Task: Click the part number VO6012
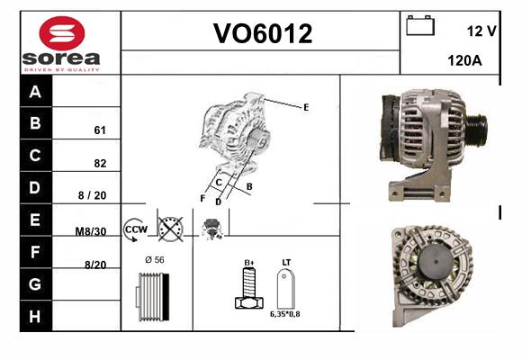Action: (263, 33)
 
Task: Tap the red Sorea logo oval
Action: (62, 33)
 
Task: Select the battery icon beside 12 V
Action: (420, 25)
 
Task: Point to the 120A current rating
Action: (464, 60)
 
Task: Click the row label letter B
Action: (35, 123)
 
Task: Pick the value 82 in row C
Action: (100, 163)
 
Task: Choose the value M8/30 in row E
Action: (91, 231)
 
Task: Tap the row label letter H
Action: (35, 317)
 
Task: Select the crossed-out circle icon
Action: (170, 229)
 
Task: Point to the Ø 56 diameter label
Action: (155, 260)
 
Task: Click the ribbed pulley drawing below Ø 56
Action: (152, 297)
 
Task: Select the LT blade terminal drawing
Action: (286, 289)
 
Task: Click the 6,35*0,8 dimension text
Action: (285, 314)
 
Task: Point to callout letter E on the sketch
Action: (306, 107)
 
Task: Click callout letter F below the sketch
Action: (202, 199)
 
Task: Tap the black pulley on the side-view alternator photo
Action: (477, 128)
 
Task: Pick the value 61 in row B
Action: (100, 130)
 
